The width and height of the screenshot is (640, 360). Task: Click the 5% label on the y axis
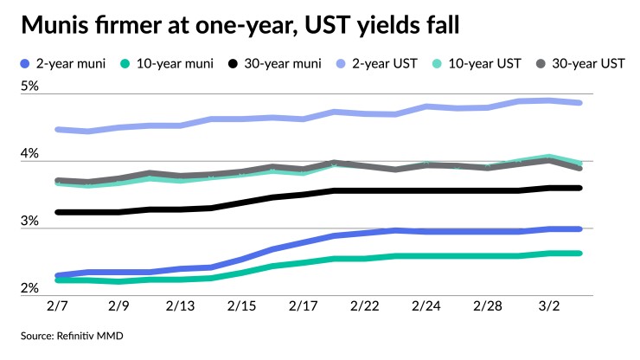pos(30,87)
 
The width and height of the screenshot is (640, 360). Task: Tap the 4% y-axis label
pos(30,154)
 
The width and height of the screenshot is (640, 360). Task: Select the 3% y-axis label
pos(30,222)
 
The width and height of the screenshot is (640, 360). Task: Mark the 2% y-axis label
pos(30,289)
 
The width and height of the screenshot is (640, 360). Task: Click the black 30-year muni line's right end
pos(579,188)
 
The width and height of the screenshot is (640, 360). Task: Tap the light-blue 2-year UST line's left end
pos(57,130)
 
